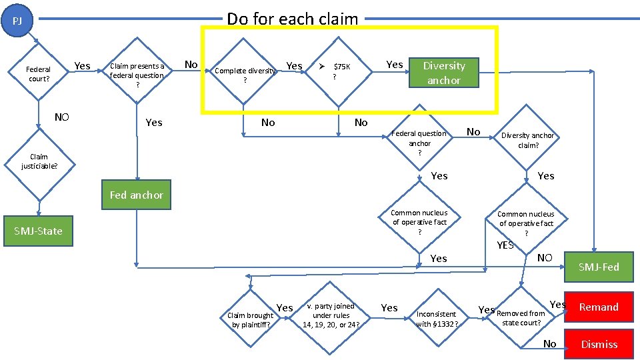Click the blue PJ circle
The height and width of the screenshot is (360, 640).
tap(18, 21)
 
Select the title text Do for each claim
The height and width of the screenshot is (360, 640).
tap(293, 19)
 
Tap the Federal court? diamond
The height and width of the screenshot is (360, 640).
tap(38, 74)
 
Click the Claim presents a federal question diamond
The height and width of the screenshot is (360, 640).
tap(137, 75)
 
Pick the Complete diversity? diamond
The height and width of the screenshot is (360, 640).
tap(245, 74)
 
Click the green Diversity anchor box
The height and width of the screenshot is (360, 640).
tap(443, 73)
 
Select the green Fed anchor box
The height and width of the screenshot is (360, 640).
tap(136, 195)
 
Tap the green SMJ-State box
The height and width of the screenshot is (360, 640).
tap(38, 231)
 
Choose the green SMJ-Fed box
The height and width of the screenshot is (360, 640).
tap(598, 267)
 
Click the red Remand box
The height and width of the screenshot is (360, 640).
tap(598, 307)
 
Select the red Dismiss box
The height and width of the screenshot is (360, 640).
tap(599, 344)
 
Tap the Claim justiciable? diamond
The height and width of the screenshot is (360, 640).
tap(39, 162)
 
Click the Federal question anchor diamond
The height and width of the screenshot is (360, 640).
tap(419, 143)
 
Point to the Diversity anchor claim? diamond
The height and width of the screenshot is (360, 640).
tap(528, 140)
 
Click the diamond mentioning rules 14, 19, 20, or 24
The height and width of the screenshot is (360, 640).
tap(331, 315)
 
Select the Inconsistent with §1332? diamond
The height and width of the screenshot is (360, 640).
tap(437, 318)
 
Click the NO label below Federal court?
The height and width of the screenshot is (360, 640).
tap(61, 117)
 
